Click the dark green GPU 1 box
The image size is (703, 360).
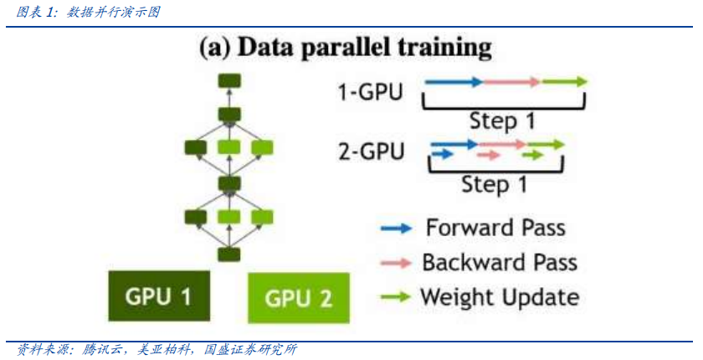(157, 296)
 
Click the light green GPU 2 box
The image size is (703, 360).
(297, 299)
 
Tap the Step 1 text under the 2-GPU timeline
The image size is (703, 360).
(494, 183)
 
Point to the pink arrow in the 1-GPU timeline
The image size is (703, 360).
(511, 81)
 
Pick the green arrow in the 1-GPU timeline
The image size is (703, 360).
(564, 81)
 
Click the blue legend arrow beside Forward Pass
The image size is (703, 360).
(395, 228)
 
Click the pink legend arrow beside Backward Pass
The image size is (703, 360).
(395, 263)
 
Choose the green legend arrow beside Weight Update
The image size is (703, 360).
(395, 296)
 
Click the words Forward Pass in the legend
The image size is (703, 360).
(495, 228)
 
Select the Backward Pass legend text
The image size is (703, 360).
(500, 262)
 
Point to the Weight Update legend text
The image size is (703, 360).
(500, 296)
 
